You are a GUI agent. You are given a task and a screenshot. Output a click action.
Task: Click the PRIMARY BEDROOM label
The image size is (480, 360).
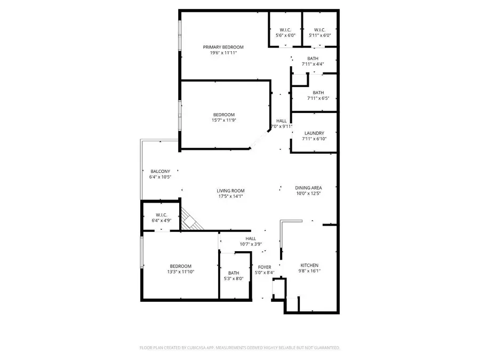[x=223, y=47]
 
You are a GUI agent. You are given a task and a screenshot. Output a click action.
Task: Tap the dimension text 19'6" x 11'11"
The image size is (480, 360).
[x=223, y=53]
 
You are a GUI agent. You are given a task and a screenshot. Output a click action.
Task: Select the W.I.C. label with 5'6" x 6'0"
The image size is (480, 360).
[x=285, y=29]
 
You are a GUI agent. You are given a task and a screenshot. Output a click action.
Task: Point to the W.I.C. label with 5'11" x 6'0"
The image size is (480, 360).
[x=319, y=29]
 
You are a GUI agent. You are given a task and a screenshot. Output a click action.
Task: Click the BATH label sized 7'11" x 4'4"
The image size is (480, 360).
[x=313, y=58]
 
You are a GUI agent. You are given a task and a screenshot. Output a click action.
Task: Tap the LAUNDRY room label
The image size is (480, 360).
[x=315, y=133]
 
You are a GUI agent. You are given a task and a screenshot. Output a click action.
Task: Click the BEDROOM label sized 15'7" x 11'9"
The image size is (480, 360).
[x=224, y=115]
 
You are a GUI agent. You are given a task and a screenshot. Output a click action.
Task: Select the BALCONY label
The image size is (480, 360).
[x=160, y=171]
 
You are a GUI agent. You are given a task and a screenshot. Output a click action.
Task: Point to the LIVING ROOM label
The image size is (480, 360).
[x=230, y=190]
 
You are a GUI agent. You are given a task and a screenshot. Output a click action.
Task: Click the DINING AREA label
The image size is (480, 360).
[x=309, y=187]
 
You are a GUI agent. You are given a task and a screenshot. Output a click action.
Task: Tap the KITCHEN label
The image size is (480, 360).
[x=309, y=265]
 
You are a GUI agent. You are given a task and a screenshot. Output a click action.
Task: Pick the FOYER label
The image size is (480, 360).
[x=265, y=267]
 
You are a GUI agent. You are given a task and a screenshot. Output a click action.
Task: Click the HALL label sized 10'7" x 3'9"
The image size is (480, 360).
[x=251, y=238]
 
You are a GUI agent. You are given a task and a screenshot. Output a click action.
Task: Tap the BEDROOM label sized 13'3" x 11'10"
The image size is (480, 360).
[x=180, y=266]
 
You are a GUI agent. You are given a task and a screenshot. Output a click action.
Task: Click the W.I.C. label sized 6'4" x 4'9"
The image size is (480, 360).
[x=162, y=214]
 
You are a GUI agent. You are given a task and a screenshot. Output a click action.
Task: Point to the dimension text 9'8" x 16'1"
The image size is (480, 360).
[x=309, y=271]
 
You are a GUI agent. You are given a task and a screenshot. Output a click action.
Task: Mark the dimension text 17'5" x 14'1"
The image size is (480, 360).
[x=230, y=196]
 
